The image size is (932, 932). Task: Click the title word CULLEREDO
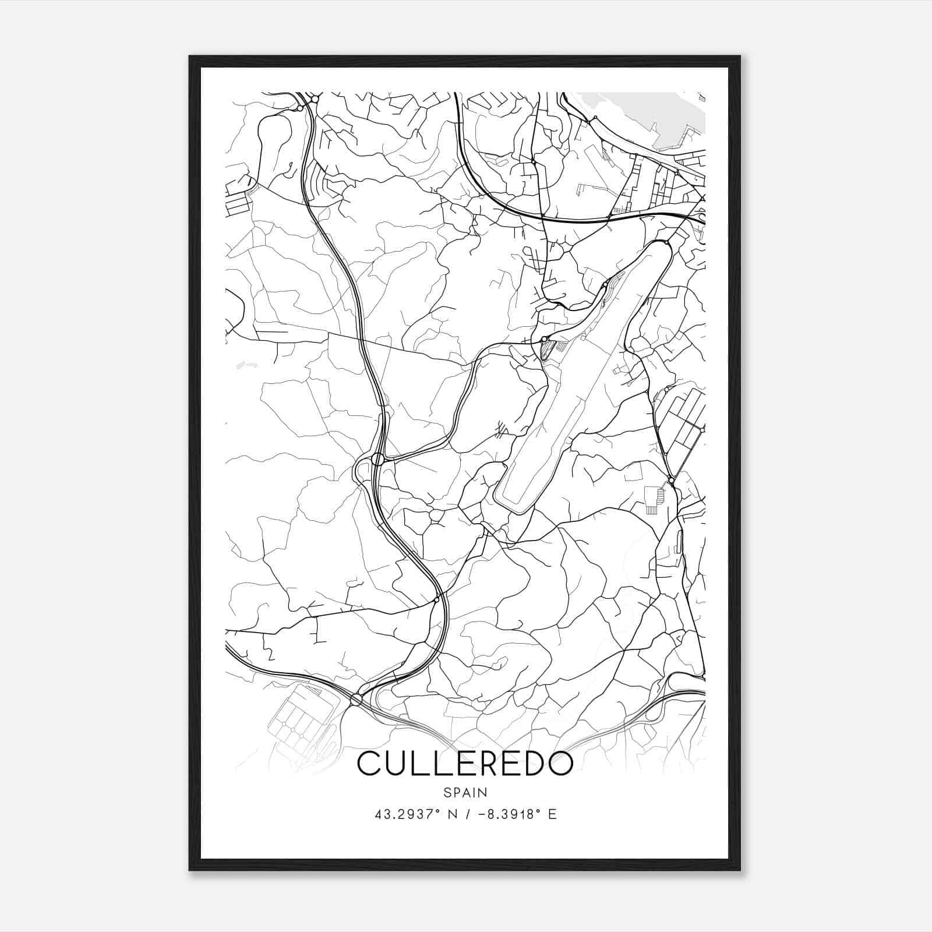[x=465, y=764]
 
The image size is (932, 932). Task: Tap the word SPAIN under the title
[x=465, y=793]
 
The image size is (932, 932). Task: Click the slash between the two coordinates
[x=465, y=814]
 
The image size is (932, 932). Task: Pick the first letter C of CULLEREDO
[x=369, y=764]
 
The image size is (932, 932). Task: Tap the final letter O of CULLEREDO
[x=560, y=764]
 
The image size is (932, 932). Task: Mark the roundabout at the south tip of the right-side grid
[x=672, y=481]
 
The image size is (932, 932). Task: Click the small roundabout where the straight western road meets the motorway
[x=436, y=599]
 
